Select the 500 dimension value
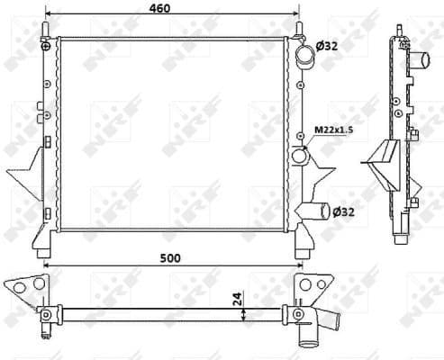170,258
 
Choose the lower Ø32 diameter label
343,212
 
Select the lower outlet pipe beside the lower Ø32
315,213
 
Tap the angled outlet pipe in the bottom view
326,321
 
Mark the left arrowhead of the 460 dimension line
49,16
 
